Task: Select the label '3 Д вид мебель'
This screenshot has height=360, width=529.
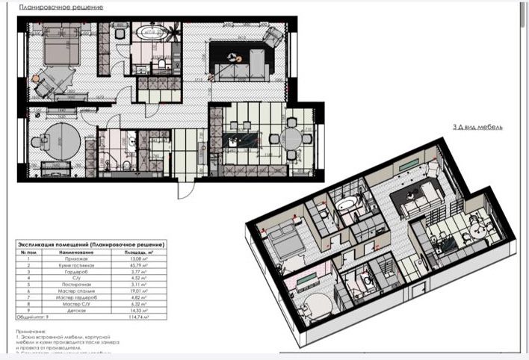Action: point(477,128)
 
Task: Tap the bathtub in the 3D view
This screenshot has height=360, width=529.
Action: point(347,205)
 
